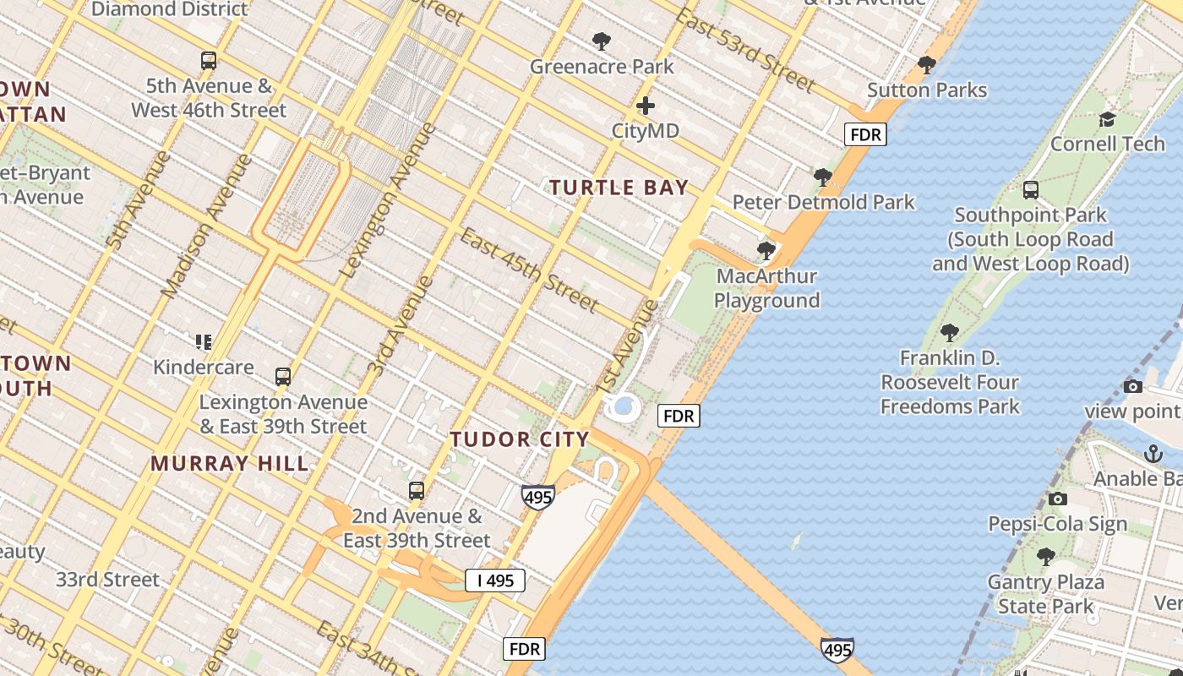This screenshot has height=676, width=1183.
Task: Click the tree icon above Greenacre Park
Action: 602,41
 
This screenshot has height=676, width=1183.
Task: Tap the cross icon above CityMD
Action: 646,106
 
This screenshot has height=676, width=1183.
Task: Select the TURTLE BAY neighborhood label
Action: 619,188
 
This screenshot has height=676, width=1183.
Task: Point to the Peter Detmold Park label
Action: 823,202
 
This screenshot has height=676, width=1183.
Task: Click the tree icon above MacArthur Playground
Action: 766,251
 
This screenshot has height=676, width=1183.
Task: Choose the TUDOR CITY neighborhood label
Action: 520,439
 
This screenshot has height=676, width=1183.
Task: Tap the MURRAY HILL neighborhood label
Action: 230,464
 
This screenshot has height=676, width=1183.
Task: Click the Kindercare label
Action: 204,367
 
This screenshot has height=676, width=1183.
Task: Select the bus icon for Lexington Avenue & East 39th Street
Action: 283,377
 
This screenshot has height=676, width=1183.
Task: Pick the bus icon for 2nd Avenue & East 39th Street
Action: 416,491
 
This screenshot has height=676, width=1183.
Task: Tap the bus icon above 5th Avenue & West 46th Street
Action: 209,61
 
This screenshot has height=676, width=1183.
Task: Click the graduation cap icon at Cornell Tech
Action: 1107,119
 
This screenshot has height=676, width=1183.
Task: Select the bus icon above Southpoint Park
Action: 1030,190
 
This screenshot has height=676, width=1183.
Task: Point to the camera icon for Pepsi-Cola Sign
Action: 1057,499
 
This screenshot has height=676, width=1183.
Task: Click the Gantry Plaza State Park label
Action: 1045,594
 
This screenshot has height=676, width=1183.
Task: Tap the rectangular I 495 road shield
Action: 495,581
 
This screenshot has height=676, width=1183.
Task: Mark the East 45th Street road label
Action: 529,270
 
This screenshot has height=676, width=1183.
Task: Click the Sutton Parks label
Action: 927,90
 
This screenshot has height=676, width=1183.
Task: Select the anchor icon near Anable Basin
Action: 1153,454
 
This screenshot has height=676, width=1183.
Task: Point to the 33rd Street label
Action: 107,580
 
